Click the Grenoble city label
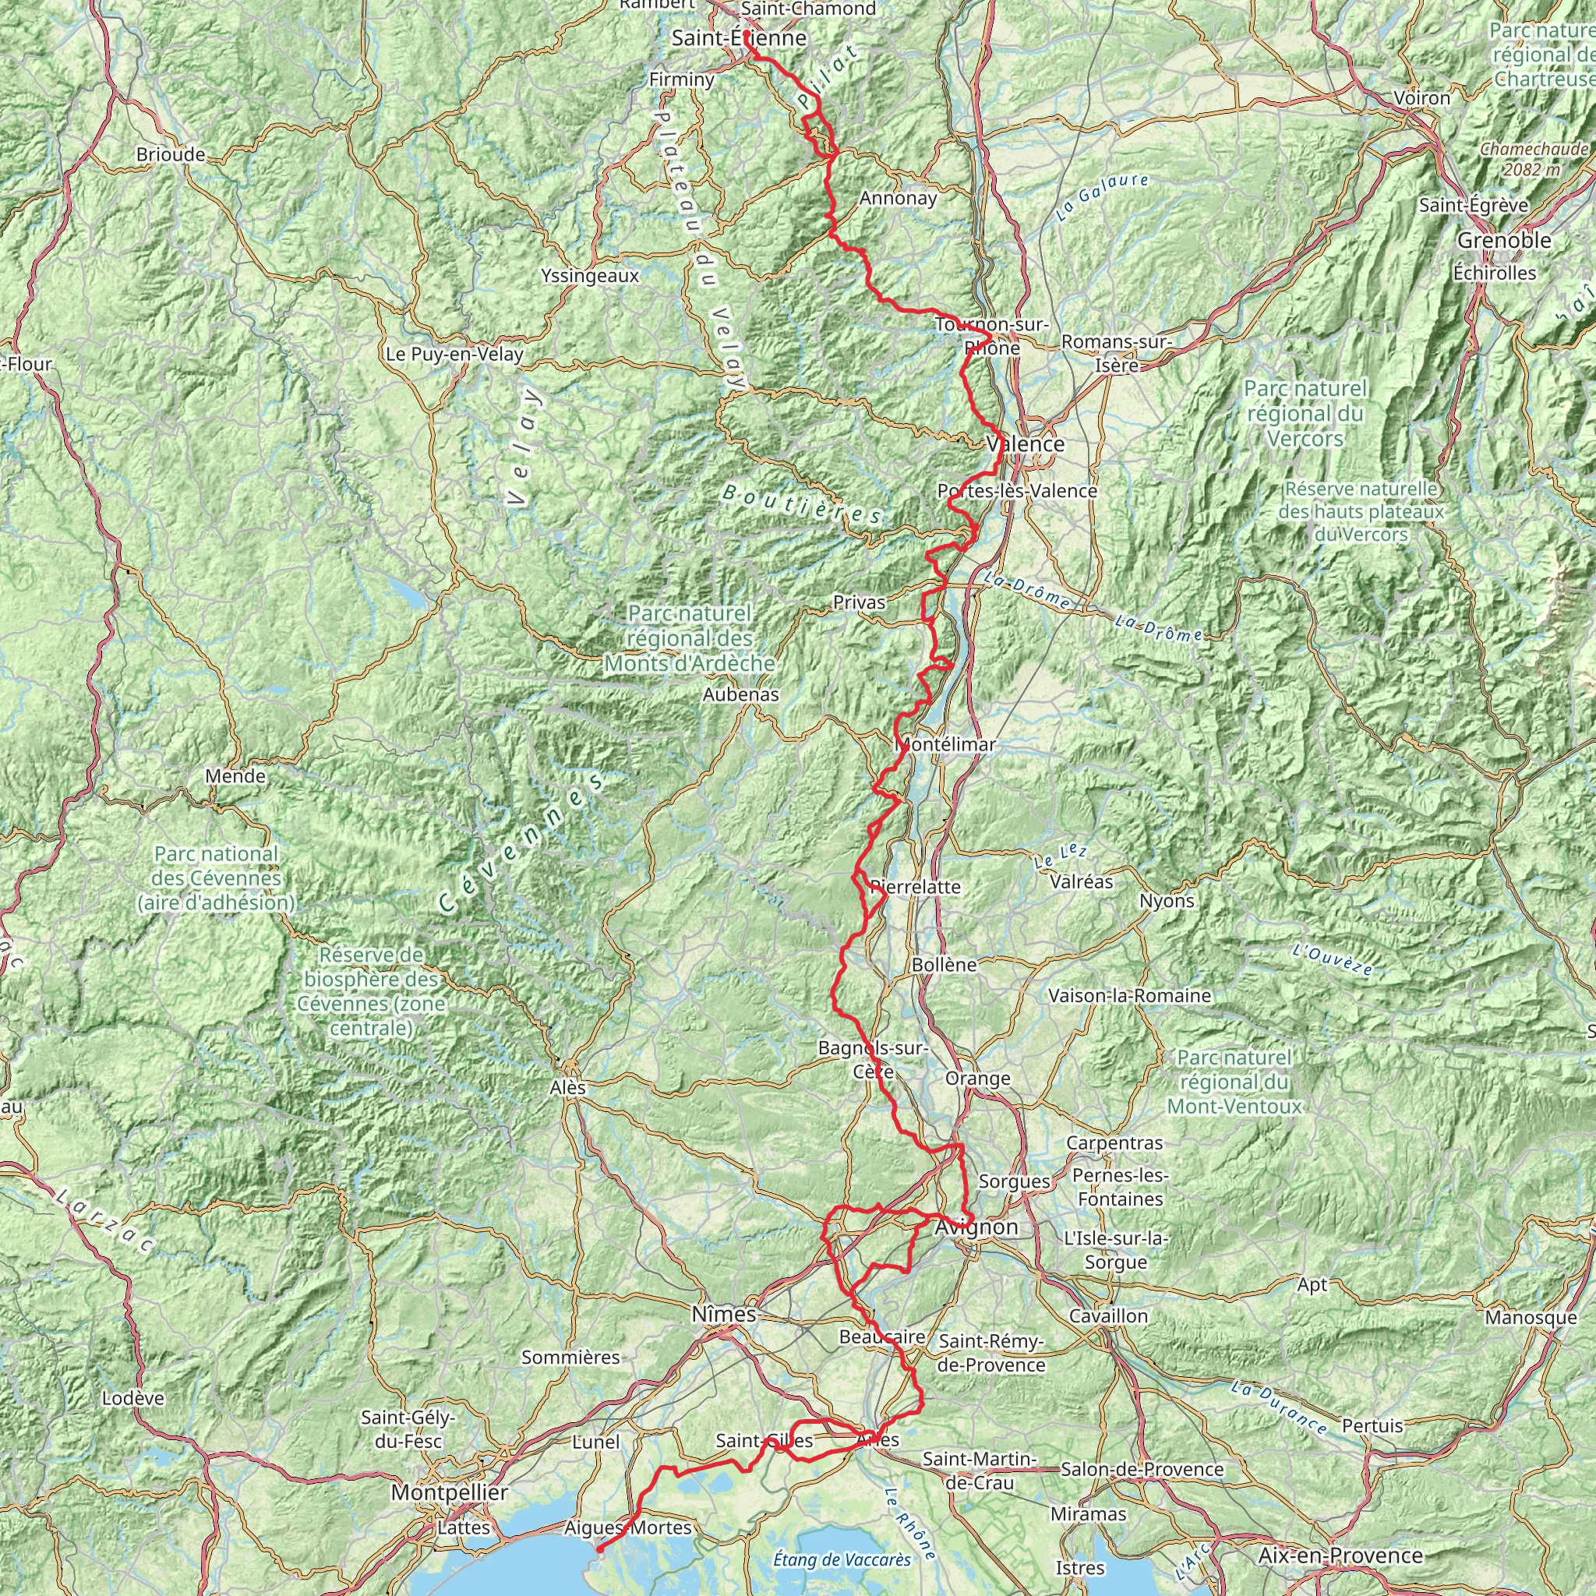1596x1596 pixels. [1503, 240]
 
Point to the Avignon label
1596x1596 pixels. [976, 1227]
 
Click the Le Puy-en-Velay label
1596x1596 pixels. [454, 355]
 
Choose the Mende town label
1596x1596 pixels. [235, 775]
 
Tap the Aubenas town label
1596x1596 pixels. [740, 694]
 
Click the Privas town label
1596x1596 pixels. [858, 602]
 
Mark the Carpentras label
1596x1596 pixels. [1114, 1142]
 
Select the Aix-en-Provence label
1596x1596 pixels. [1340, 1555]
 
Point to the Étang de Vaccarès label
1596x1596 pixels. [842, 1559]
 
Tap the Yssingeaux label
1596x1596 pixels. [590, 276]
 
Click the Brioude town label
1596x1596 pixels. [170, 154]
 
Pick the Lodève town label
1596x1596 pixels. [133, 1399]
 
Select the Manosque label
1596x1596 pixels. [1530, 1318]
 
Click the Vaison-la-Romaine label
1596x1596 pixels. [1129, 995]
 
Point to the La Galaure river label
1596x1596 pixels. [1101, 196]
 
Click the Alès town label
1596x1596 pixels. [567, 1088]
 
